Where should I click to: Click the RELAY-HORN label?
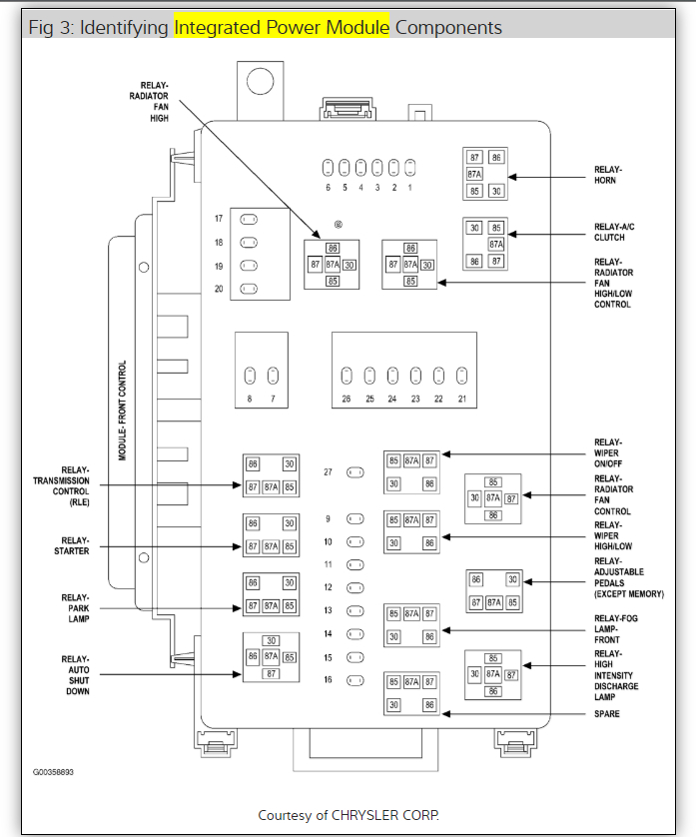point(606,175)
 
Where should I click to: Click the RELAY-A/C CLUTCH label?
point(613,233)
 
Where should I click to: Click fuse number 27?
point(354,471)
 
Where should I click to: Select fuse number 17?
point(251,219)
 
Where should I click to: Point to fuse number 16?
point(354,680)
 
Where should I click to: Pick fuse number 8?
point(249,377)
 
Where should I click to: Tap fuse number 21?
point(461,377)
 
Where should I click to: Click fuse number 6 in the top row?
point(327,167)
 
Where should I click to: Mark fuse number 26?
point(347,377)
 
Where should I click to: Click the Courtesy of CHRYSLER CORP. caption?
point(348,815)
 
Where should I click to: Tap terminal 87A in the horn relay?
point(475,174)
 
